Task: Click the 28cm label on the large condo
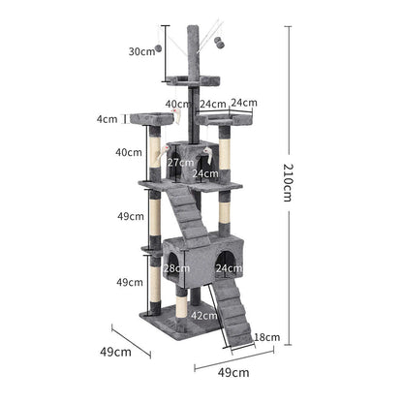pyautogui.click(x=176, y=268)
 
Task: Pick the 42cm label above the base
pyautogui.click(x=202, y=316)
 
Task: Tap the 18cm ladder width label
pyautogui.click(x=268, y=337)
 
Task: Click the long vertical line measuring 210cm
pyautogui.click(x=288, y=182)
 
